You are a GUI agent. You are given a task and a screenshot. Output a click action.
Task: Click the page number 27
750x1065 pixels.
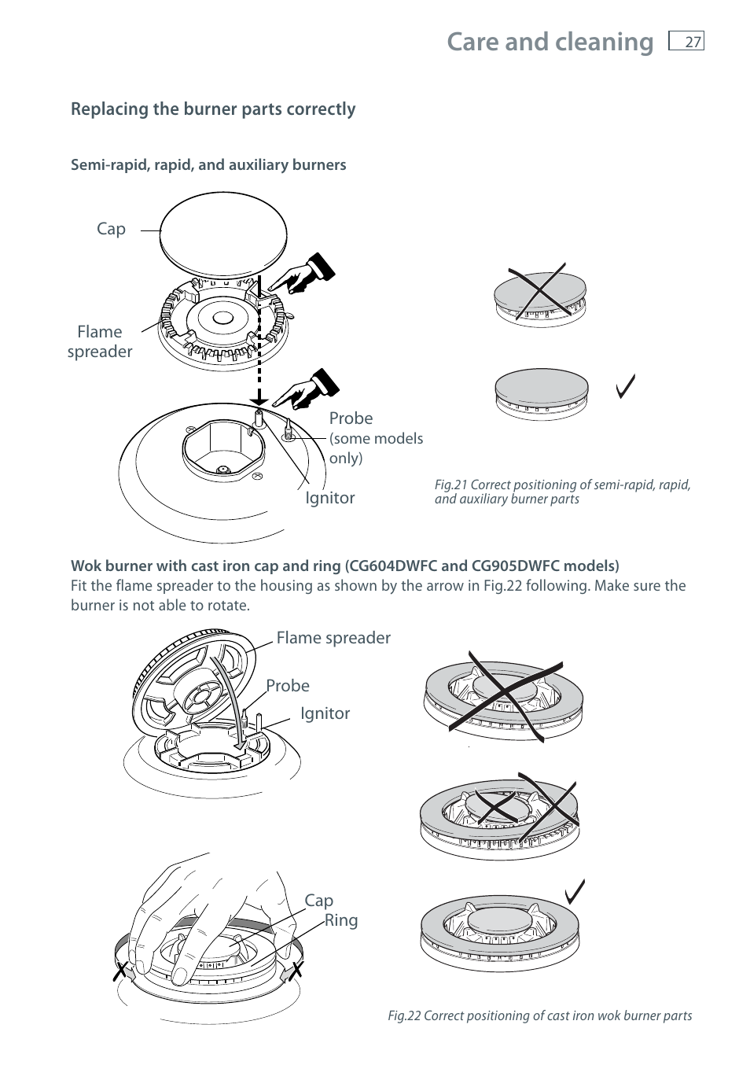coord(692,42)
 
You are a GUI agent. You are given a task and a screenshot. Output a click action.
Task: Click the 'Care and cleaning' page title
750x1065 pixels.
coord(550,42)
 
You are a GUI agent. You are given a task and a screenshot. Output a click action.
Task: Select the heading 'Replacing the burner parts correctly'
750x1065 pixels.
coord(213,109)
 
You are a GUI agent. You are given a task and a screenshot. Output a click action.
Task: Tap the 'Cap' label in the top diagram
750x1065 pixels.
coord(111,229)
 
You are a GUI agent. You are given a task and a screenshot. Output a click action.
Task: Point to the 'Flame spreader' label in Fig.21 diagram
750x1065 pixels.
coord(100,341)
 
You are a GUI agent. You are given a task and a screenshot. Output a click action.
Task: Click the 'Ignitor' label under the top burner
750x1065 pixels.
coord(330,498)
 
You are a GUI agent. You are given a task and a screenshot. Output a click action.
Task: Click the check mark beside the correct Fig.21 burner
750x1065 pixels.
coord(626,386)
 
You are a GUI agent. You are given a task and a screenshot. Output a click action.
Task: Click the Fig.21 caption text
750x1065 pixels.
coord(562,492)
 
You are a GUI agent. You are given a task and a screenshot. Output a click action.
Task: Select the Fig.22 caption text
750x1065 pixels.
coord(539,1015)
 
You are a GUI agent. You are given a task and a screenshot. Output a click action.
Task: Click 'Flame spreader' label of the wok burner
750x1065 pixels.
coord(333,638)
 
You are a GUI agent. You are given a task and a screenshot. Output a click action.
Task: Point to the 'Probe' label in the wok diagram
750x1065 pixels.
coord(288,686)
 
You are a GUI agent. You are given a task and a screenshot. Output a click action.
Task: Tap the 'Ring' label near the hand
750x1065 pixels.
coord(341,920)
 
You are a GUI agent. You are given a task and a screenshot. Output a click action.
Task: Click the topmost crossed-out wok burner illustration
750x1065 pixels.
coord(504,697)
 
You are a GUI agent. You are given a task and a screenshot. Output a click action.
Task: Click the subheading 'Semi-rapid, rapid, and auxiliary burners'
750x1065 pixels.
coord(208,165)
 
